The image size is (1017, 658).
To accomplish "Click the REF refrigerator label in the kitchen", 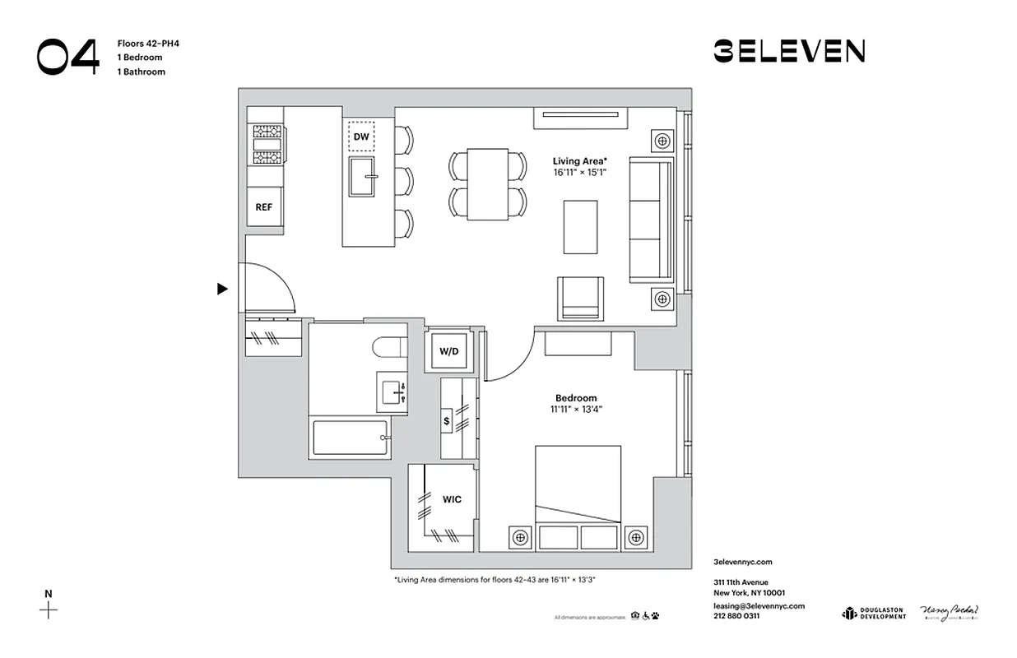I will [x=263, y=207].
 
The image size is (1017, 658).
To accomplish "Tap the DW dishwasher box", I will [x=361, y=137].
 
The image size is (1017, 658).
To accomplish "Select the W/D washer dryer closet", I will [x=448, y=351].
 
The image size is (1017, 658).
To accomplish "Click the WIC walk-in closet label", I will [x=452, y=499].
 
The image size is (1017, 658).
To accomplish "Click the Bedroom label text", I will [x=576, y=398].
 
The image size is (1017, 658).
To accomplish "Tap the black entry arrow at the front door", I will [x=221, y=289].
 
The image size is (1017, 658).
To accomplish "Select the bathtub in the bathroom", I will [x=350, y=439].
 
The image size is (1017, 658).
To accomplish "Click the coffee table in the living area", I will [x=581, y=226].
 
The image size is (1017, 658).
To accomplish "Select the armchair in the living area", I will [x=580, y=298].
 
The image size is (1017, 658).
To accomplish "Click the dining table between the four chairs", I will [x=487, y=184].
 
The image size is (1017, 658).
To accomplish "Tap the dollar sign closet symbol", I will [x=447, y=420].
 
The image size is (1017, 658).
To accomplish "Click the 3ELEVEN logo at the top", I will [x=788, y=52].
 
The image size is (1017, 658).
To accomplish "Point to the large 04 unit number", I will [x=67, y=57].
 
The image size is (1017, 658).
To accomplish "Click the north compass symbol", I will [x=49, y=609].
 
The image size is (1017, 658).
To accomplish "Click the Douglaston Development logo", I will [x=873, y=614].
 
